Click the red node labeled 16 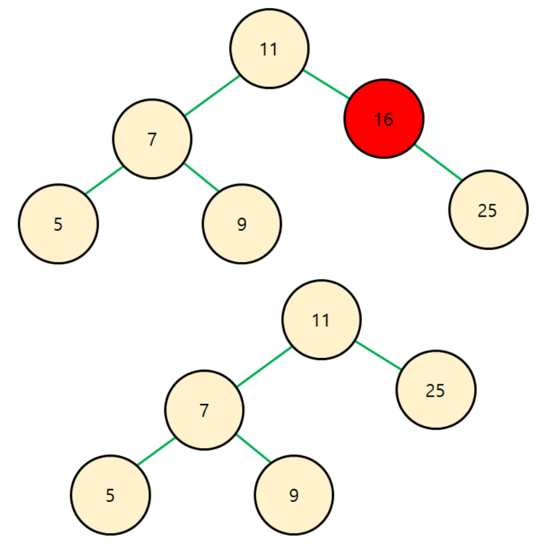point(383,119)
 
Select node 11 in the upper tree point(269,48)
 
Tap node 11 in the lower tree point(321,319)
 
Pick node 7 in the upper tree point(152,139)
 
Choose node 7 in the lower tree point(204,410)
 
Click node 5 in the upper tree point(58,224)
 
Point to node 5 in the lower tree point(110,495)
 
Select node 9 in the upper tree point(241,224)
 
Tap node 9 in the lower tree point(293,495)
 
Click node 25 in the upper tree point(488,210)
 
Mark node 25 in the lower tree point(435,389)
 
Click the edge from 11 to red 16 point(326,84)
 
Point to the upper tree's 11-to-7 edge point(211,95)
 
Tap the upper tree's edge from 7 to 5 point(104,181)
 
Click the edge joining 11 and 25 point(378,354)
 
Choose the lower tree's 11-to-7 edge point(263,366)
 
